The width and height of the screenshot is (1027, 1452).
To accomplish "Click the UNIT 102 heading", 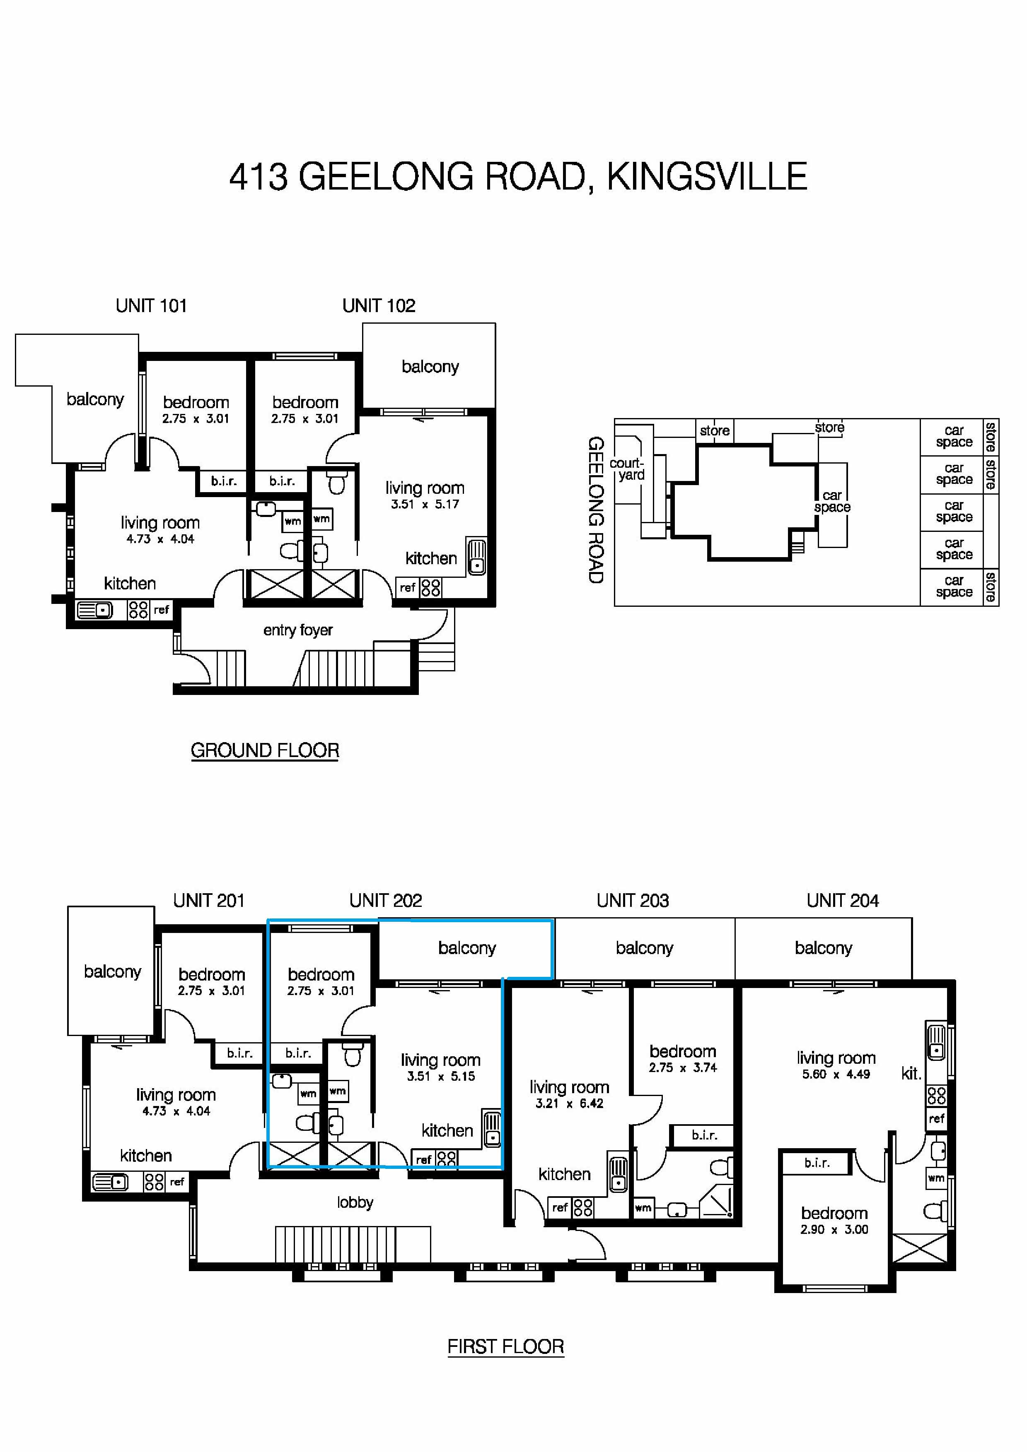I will click(x=378, y=305).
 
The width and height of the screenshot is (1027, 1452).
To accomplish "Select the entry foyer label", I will click(x=297, y=630).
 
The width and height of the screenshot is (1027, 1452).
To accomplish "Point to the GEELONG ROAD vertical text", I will click(x=595, y=510).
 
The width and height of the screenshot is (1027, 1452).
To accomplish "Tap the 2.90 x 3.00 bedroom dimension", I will click(x=834, y=1229).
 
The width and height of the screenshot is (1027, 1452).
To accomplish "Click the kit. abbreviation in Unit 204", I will click(x=911, y=1073).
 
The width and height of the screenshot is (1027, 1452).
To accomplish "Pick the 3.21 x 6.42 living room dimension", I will click(x=569, y=1103).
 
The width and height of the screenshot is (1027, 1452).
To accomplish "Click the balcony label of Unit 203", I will click(x=644, y=947).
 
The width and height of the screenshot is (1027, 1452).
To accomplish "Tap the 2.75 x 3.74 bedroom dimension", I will click(x=683, y=1067).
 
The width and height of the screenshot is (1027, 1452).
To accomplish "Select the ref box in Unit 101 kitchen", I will click(x=161, y=610).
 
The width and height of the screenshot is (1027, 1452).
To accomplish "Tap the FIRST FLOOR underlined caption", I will click(x=505, y=1346).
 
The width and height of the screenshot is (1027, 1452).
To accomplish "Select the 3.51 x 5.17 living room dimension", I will click(x=425, y=504).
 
